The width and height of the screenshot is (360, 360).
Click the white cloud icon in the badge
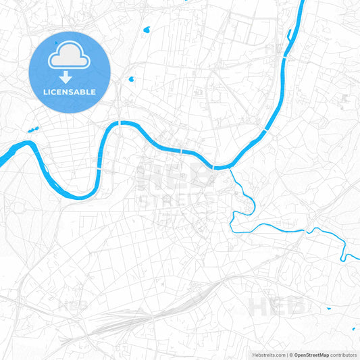[x=70, y=59]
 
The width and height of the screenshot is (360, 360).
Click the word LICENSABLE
[x=70, y=92]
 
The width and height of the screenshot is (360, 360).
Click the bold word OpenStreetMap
[x=311, y=354]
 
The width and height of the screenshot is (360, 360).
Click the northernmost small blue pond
[x=147, y=30]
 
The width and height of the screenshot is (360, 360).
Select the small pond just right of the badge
[x=130, y=78]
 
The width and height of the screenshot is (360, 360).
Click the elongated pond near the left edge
[x=30, y=129]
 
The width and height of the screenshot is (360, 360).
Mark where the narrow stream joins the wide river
[x=230, y=168]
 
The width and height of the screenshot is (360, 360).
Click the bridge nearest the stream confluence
[x=213, y=166]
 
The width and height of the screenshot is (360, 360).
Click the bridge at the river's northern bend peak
[x=120, y=123]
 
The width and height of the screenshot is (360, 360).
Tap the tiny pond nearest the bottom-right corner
[x=353, y=329]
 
